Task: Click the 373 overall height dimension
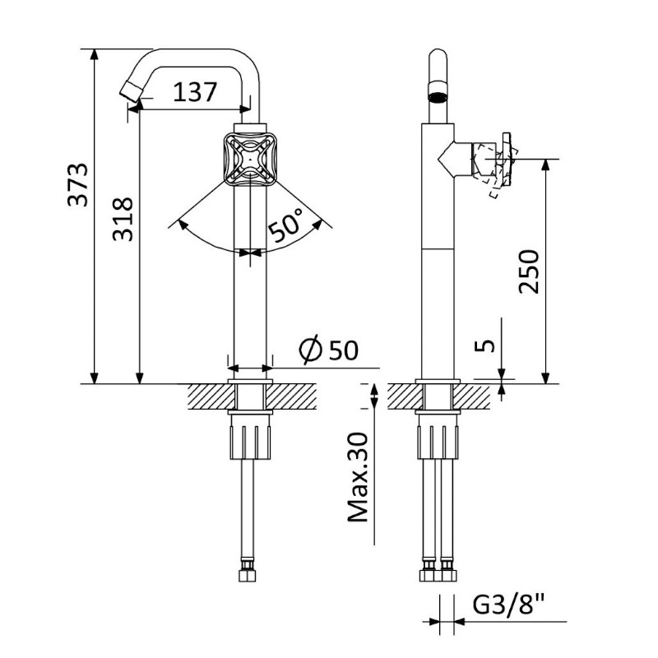pyautogui.click(x=78, y=184)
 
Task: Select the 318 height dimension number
pyautogui.click(x=123, y=219)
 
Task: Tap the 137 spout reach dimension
pyautogui.click(x=195, y=92)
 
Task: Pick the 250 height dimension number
pyautogui.click(x=528, y=271)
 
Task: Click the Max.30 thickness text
pyautogui.click(x=358, y=477)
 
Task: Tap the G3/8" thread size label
pyautogui.click(x=508, y=605)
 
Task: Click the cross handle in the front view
pyautogui.click(x=250, y=160)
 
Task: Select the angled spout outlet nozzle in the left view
pyautogui.click(x=131, y=91)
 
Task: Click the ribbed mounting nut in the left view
pyautogui.click(x=250, y=442)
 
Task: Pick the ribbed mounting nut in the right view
pyautogui.click(x=438, y=442)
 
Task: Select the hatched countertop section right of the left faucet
pyautogui.click(x=291, y=396)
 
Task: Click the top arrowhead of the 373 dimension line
pyautogui.click(x=95, y=55)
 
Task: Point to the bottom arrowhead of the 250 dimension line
pyautogui.click(x=545, y=378)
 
